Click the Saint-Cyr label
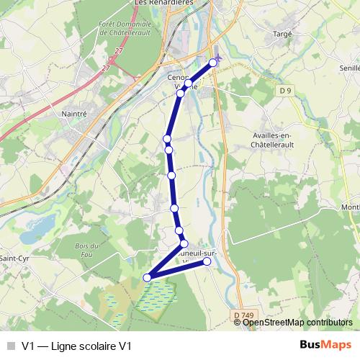(12, 258)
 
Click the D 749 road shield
(244, 315)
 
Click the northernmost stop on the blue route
(213, 63)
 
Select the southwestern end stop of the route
(148, 277)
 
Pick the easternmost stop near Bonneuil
(207, 261)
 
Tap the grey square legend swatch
(10, 346)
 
